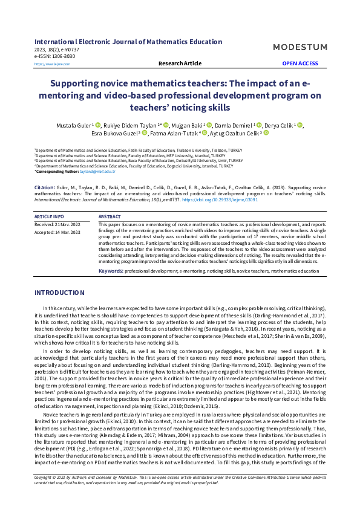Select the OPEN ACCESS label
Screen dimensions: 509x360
299,63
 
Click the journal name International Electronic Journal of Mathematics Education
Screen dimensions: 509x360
128,42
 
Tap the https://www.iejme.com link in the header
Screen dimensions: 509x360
52,64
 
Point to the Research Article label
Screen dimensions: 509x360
180,63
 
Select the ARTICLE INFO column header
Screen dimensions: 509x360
49,216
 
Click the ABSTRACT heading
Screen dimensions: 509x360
110,216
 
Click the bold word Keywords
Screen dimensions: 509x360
111,271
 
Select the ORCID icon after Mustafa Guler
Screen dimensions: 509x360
99,125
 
